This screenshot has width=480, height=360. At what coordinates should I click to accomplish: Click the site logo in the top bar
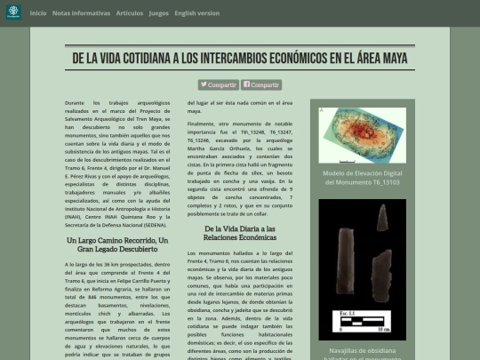coord(12,13)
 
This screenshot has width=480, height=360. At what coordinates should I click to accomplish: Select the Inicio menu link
coord(38,13)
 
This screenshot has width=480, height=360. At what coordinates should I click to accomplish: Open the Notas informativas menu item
coord(82,13)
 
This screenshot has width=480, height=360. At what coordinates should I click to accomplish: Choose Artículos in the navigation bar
coord(129,13)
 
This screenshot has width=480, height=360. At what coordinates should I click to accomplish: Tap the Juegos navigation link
coord(158,13)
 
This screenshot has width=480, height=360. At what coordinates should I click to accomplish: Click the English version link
coord(197,13)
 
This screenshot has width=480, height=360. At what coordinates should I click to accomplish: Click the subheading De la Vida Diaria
coord(239,234)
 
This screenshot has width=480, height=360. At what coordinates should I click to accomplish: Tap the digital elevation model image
coord(362,134)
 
